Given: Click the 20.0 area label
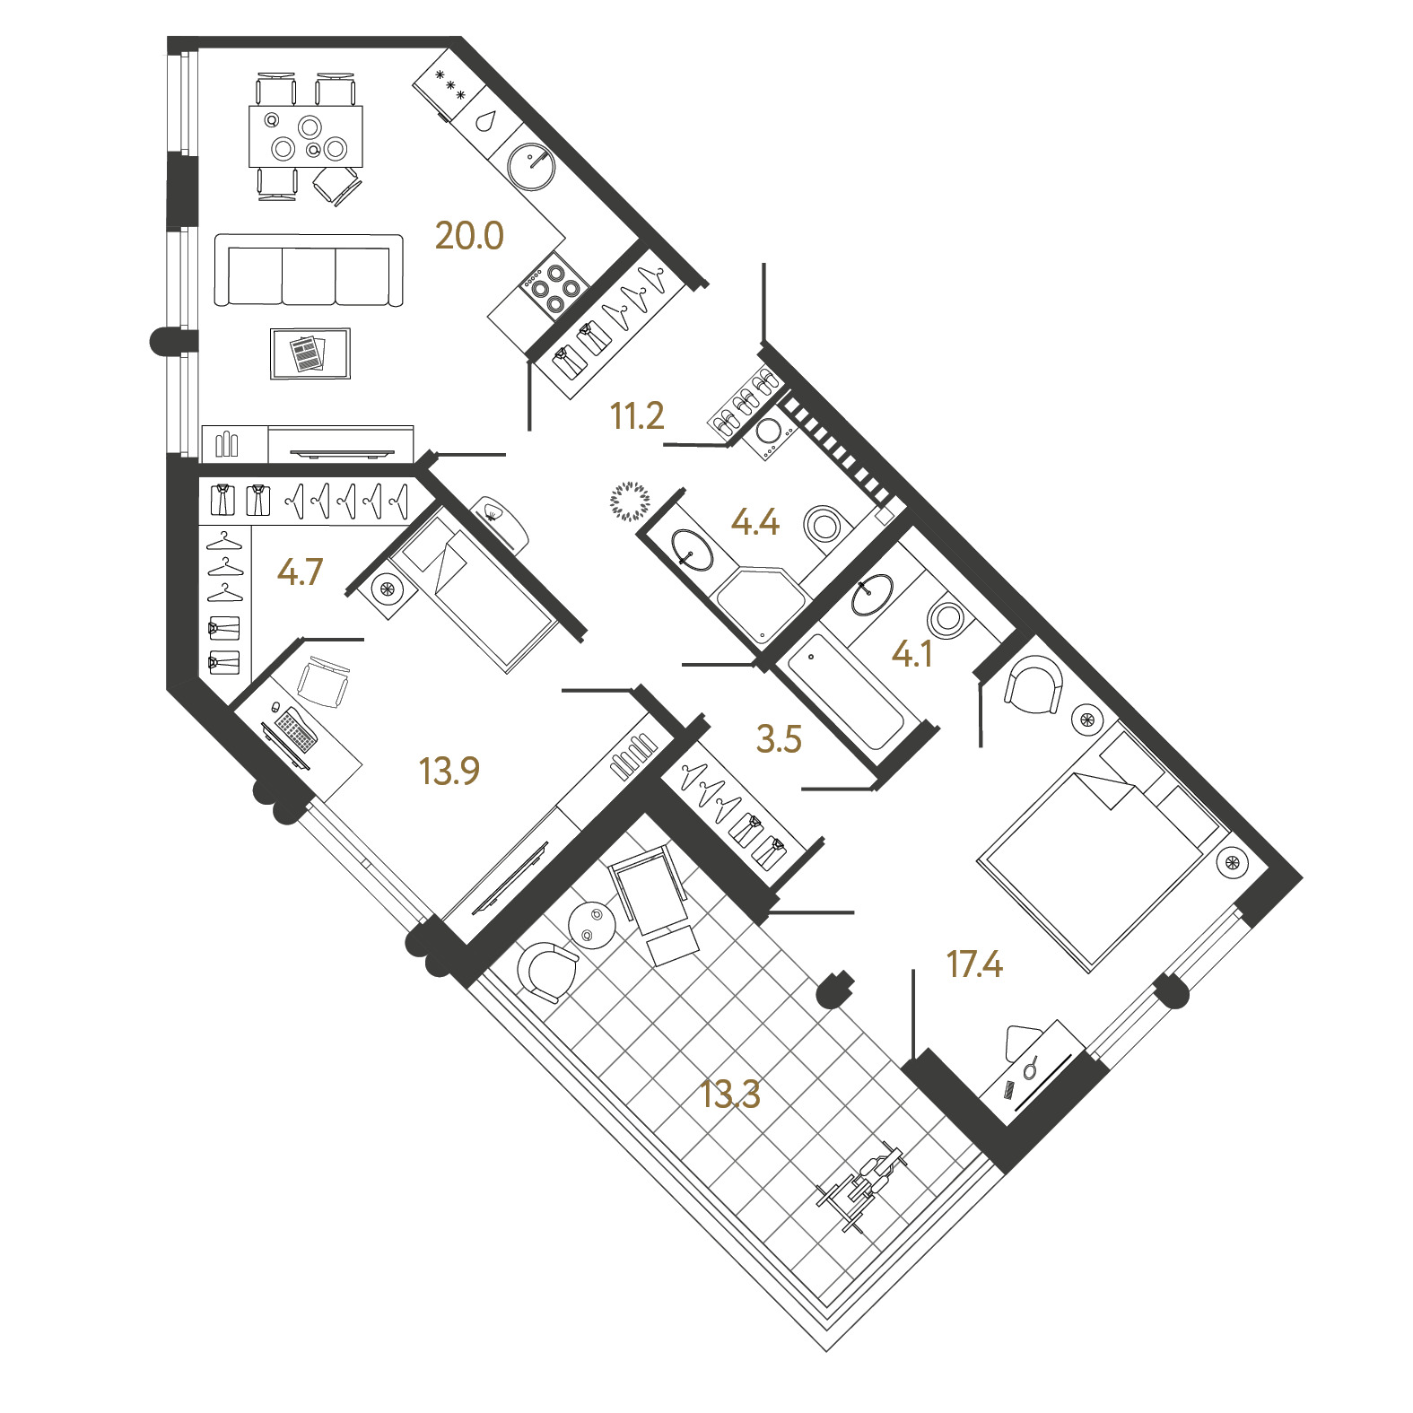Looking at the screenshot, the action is click(x=469, y=236).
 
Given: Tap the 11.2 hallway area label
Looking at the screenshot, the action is click(x=637, y=416).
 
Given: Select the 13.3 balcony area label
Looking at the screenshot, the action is click(x=730, y=1095).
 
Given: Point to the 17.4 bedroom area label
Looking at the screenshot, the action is click(x=974, y=964).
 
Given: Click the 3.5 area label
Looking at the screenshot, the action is click(x=779, y=739).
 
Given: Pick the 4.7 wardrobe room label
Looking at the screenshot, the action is click(x=300, y=571).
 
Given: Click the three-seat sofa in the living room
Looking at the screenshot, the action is click(x=309, y=271).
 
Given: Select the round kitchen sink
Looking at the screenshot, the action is click(x=532, y=167).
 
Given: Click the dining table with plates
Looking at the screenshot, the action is click(x=306, y=136).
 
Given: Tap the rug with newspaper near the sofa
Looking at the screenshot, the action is click(x=310, y=353).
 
